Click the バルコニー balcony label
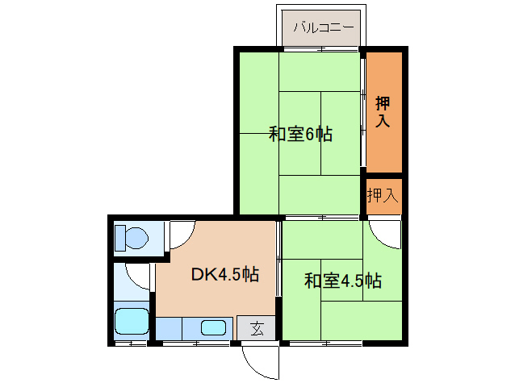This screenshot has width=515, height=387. coord(323,28)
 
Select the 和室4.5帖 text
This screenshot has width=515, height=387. coord(342,281)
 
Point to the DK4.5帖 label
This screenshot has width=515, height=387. coord(225,274)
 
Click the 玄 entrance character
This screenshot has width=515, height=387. coord(256,328)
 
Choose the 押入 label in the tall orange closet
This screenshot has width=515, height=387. coord(383,113)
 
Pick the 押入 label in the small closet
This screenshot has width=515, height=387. coord(383,195)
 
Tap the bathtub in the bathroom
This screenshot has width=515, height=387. coord(132,322)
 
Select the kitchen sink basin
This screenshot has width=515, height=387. coord(213,327)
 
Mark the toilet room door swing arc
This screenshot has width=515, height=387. coord(179,234)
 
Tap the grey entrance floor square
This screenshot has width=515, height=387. coord(256,328)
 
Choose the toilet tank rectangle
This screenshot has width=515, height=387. coord(119,239)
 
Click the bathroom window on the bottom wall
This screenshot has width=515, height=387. coord(131,343)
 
